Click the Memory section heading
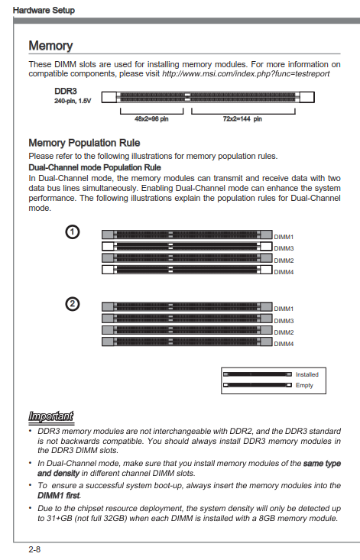50,46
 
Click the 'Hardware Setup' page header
44,10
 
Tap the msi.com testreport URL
245,74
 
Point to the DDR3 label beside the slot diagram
66,92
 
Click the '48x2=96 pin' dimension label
151,119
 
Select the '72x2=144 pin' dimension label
242,119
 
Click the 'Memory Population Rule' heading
84,143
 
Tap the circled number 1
72,232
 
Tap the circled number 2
72,304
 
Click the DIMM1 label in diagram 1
284,237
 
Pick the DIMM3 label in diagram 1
284,248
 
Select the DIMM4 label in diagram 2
284,344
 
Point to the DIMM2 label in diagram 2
284,332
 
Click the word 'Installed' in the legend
307,374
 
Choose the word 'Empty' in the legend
304,385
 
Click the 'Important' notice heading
51,416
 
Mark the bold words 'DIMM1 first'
59,496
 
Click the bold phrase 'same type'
322,464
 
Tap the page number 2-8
34,549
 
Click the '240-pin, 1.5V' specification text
73,101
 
